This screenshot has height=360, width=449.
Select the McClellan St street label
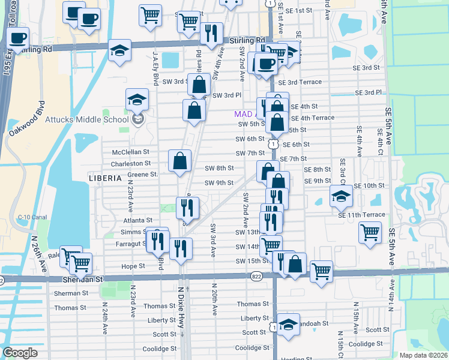130,153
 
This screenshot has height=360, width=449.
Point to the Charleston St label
131,163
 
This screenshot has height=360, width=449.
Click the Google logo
20,353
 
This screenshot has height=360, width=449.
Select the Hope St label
134,266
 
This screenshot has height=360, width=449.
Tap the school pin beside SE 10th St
341,196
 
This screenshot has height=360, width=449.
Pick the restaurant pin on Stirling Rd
210,34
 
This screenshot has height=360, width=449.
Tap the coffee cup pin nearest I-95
17,39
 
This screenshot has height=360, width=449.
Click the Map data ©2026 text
423,355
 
